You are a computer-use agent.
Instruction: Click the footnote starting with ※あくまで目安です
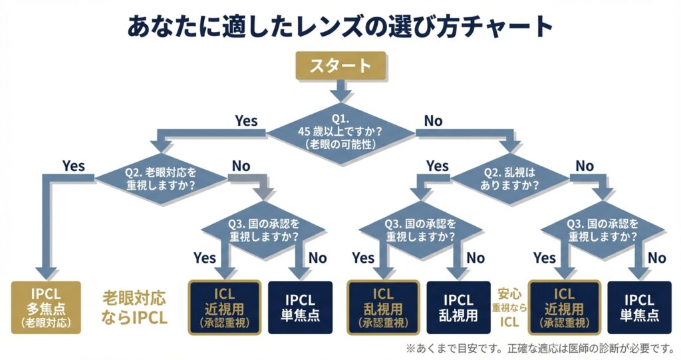point(539,348)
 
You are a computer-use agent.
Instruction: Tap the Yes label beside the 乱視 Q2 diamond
point(437,166)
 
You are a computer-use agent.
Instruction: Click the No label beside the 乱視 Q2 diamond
point(585,166)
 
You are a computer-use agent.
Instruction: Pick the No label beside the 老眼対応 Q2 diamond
point(241,166)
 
